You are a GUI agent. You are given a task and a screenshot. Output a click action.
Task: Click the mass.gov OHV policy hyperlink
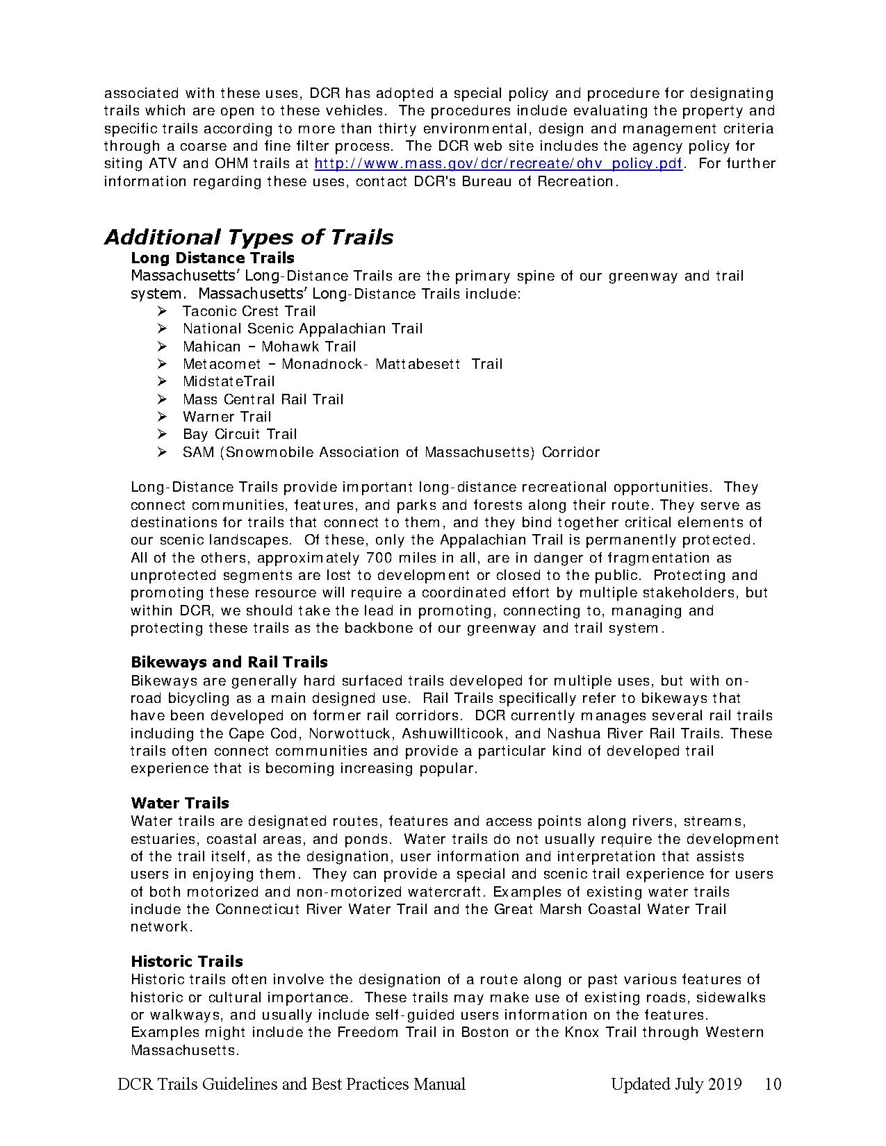click(x=498, y=164)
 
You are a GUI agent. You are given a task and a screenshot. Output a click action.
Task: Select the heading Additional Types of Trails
click(x=249, y=238)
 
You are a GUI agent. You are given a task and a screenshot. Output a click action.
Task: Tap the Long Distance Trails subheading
click(x=213, y=258)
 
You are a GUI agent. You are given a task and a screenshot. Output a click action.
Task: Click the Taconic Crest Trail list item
click(x=249, y=311)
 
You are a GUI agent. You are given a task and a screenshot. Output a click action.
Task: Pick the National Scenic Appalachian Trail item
click(x=302, y=329)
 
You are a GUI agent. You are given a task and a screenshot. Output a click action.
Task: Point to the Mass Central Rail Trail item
click(x=263, y=399)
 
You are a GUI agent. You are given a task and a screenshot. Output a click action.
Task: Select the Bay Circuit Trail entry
click(x=240, y=434)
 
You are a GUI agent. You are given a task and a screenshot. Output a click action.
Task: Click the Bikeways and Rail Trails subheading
click(x=229, y=663)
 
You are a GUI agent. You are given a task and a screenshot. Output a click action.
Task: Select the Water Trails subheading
click(x=180, y=804)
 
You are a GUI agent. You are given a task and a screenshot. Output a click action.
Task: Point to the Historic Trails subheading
click(x=187, y=962)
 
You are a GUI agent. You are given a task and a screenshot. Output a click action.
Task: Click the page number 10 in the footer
click(x=773, y=1084)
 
